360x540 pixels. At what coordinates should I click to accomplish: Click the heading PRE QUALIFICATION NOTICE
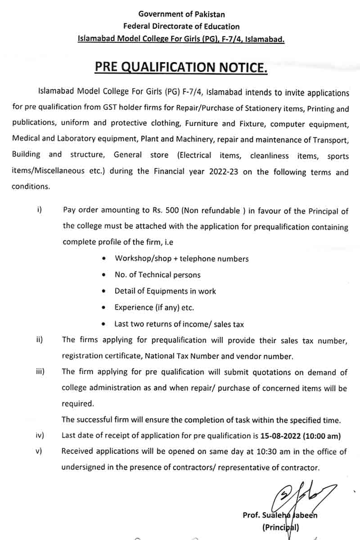181,68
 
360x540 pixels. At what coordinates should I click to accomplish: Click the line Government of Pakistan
181,14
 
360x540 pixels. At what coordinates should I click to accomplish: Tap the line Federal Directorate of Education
181,27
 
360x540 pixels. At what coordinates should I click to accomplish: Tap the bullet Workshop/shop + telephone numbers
181,259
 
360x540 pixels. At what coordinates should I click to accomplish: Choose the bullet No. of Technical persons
157,275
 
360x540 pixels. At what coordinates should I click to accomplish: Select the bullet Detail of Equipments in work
165,291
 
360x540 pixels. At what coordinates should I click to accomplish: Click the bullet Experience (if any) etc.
154,307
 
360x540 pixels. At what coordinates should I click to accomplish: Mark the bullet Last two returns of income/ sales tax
179,323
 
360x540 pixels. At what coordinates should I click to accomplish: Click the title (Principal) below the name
280,527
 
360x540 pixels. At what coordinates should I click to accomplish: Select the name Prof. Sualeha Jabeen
279,515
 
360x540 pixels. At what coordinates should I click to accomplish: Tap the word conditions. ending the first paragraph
30,186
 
